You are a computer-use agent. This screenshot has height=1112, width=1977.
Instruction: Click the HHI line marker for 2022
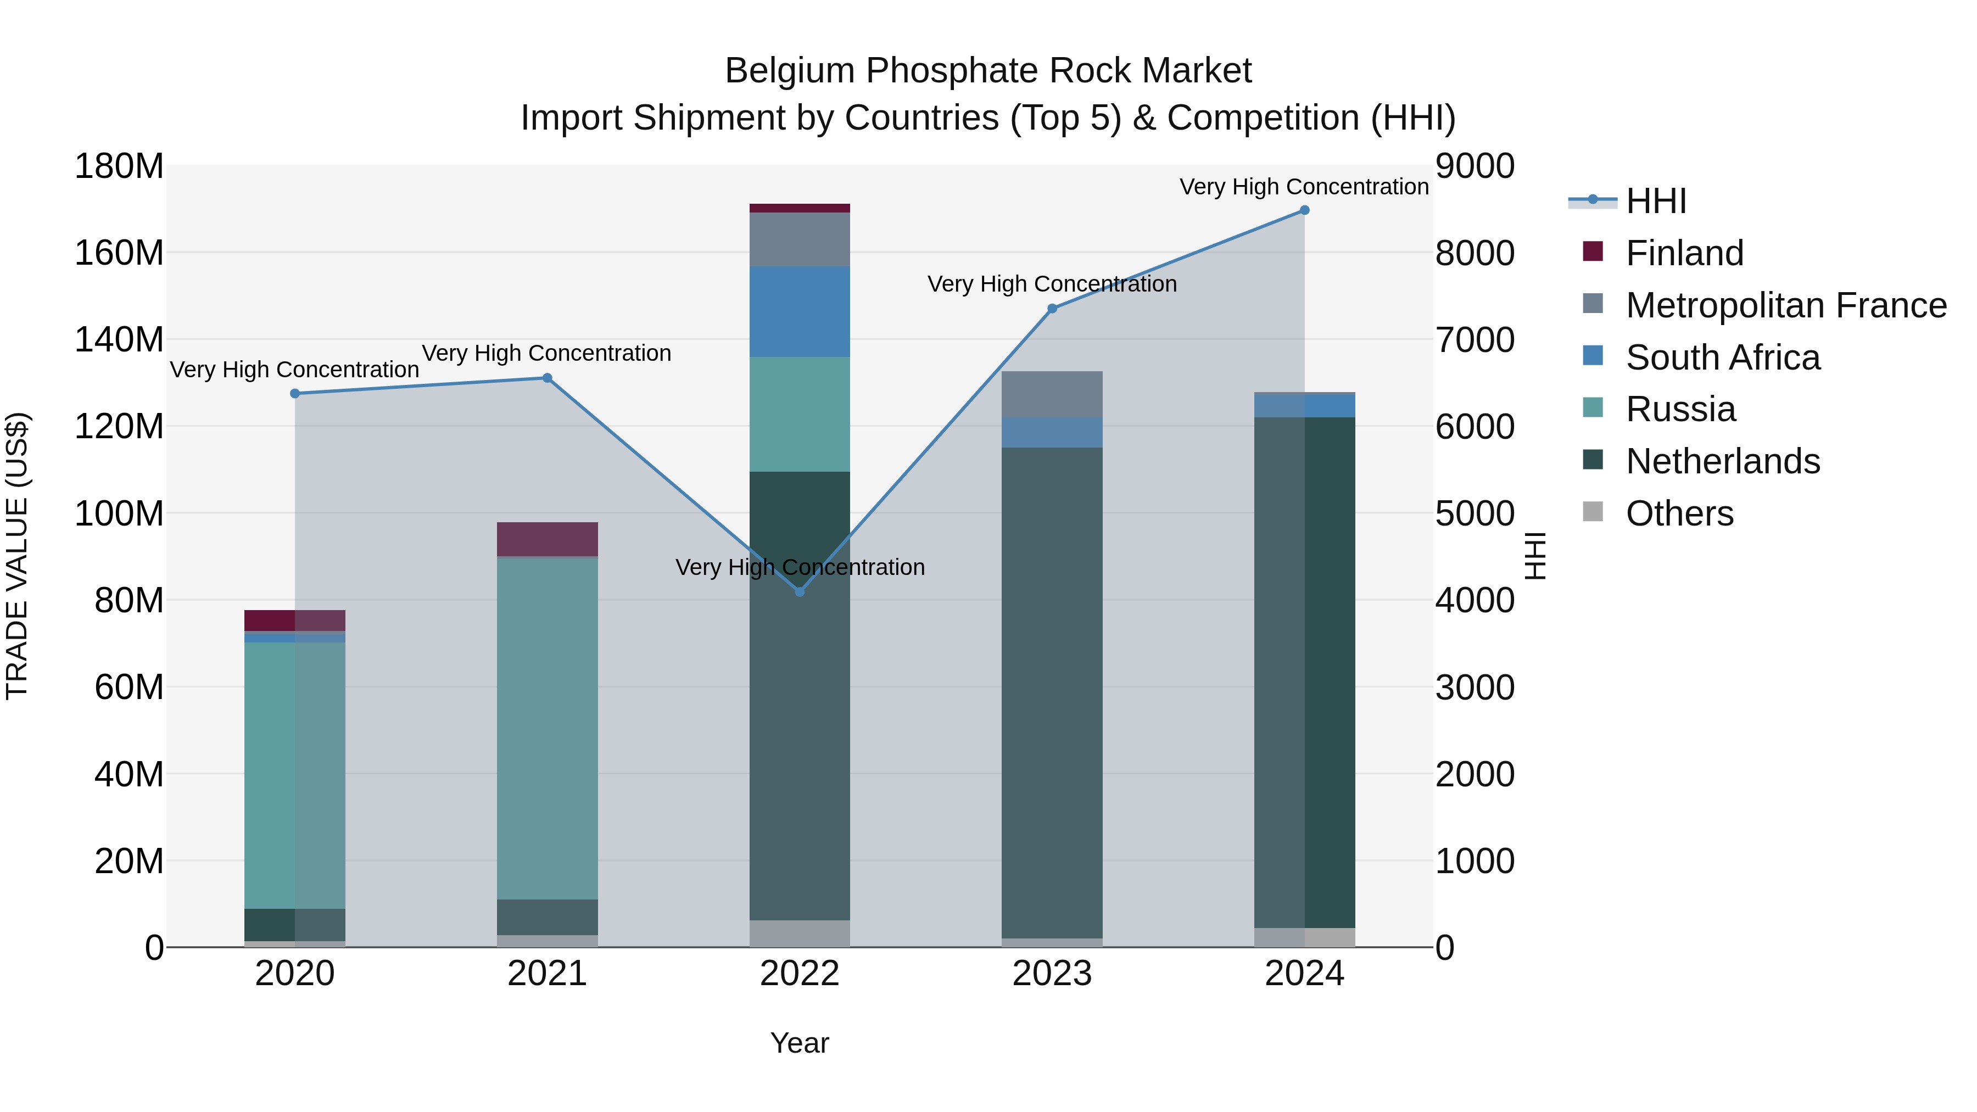799,591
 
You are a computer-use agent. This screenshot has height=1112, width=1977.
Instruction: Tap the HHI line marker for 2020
295,394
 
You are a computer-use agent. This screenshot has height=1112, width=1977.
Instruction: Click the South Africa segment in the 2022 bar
799,311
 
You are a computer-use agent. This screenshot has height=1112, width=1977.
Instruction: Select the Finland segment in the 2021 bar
547,539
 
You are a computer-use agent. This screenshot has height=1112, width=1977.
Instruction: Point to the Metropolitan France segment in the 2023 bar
1052,394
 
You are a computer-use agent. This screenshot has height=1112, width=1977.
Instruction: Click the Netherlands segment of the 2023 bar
1052,691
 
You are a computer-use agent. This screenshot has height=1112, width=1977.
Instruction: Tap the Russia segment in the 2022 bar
799,415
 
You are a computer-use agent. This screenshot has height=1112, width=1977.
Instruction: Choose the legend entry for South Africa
1722,357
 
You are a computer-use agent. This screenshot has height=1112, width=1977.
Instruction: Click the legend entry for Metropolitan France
1785,305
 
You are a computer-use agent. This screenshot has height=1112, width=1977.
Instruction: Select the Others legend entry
1679,513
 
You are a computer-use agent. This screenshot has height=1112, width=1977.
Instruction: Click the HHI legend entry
1655,201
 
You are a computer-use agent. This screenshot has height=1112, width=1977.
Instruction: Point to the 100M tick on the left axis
119,513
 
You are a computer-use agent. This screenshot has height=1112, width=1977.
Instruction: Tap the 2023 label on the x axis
1052,974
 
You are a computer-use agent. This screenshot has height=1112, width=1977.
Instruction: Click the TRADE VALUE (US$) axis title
17,556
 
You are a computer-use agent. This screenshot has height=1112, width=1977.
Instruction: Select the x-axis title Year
799,1043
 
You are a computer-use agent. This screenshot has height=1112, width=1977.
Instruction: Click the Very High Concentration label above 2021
546,353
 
